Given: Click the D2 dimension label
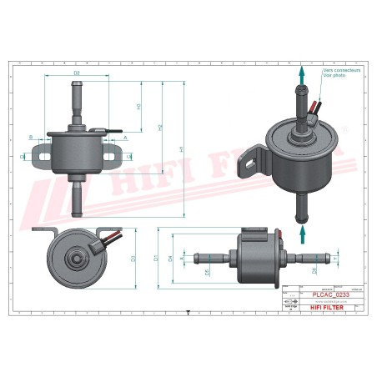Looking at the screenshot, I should coord(77,74).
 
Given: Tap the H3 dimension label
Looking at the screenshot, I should coord(138,106).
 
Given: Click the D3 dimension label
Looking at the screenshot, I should coord(133,259).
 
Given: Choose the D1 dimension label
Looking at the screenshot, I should coord(156,259).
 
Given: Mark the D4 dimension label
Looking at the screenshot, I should coord(170,259).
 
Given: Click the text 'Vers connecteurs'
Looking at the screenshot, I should coord(342,71).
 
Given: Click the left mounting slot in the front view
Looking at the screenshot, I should coord(38,155).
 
